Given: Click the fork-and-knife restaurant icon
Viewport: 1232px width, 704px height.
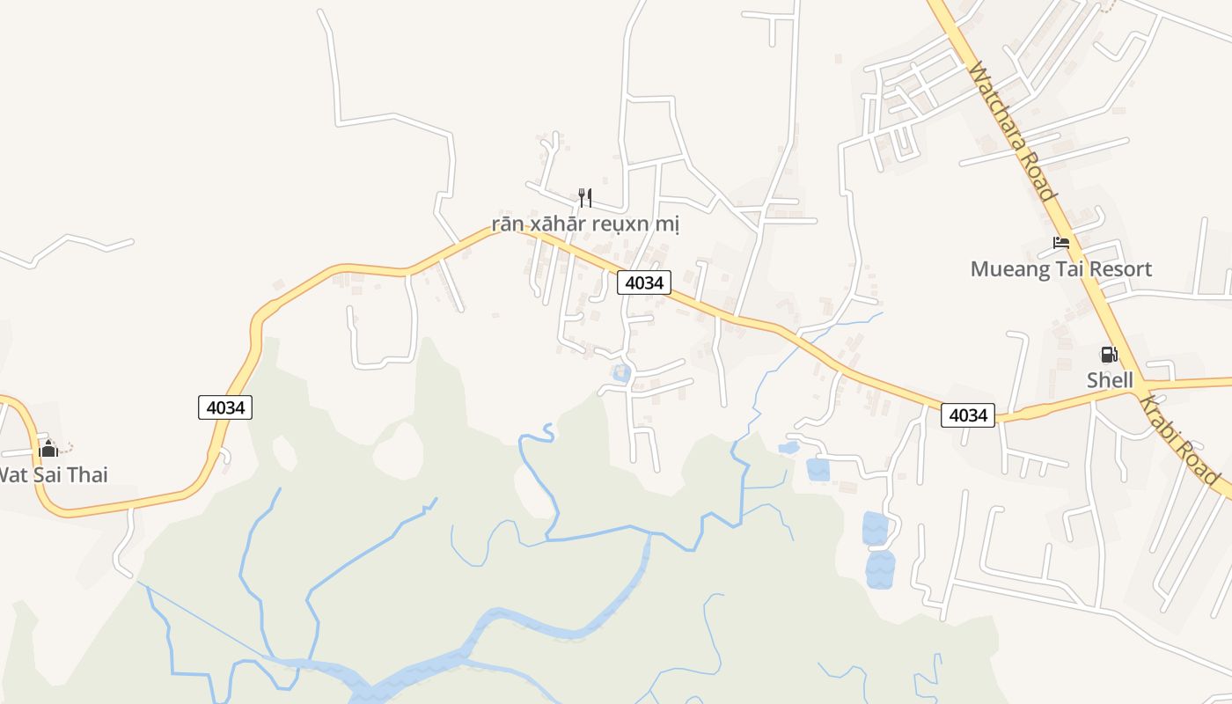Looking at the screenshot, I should pyautogui.click(x=584, y=197).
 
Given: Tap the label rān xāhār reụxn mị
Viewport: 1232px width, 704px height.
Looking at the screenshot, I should pyautogui.click(x=585, y=224).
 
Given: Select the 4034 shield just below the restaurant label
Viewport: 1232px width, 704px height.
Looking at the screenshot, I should pyautogui.click(x=643, y=282).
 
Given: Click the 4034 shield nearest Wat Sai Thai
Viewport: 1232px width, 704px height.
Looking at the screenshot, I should pyautogui.click(x=225, y=407).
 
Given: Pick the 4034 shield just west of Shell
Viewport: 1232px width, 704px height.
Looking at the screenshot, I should pyautogui.click(x=968, y=414).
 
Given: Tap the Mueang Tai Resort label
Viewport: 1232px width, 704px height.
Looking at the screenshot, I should pyautogui.click(x=1060, y=269).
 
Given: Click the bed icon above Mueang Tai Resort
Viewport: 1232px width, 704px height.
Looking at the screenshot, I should pyautogui.click(x=1061, y=243).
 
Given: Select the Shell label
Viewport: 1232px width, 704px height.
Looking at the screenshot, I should pyautogui.click(x=1110, y=380).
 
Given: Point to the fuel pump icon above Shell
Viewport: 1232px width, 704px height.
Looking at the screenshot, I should pyautogui.click(x=1109, y=355).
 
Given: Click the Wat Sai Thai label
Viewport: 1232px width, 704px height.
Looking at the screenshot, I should pyautogui.click(x=53, y=475).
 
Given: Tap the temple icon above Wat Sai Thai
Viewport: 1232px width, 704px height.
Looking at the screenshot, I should pyautogui.click(x=48, y=449).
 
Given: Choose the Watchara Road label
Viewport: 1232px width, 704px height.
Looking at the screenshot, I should pyautogui.click(x=1011, y=130).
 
